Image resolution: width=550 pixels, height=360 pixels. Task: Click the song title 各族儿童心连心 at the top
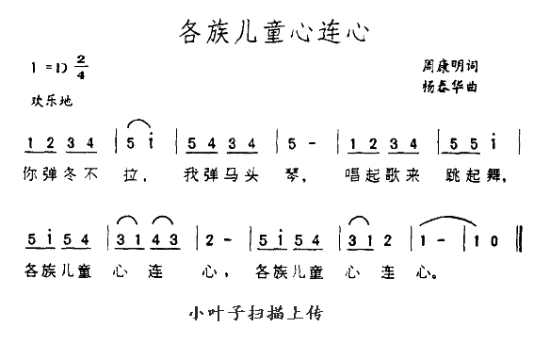[x=272, y=34]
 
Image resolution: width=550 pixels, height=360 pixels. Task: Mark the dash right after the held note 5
[x=320, y=142]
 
